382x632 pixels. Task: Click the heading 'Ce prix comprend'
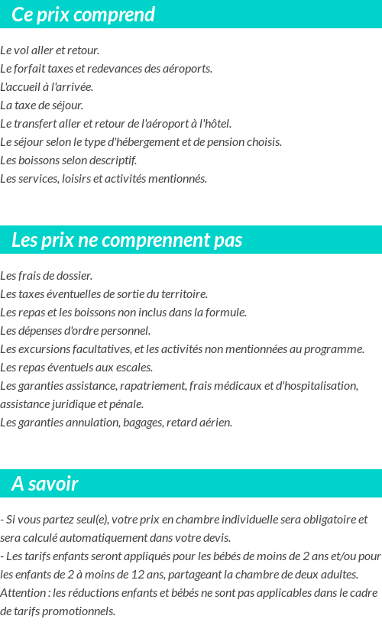(x=83, y=15)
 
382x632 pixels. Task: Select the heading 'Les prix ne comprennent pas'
(x=127, y=240)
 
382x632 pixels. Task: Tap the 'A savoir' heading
(x=45, y=484)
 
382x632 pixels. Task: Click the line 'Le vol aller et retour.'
(x=50, y=50)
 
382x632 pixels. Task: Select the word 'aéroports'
(x=187, y=69)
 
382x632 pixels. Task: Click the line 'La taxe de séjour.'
(x=42, y=105)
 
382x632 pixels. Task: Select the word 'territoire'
(x=183, y=294)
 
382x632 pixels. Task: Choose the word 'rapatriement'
(x=148, y=386)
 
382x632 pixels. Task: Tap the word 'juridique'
(x=71, y=404)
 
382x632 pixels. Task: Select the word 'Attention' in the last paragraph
(x=22, y=593)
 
